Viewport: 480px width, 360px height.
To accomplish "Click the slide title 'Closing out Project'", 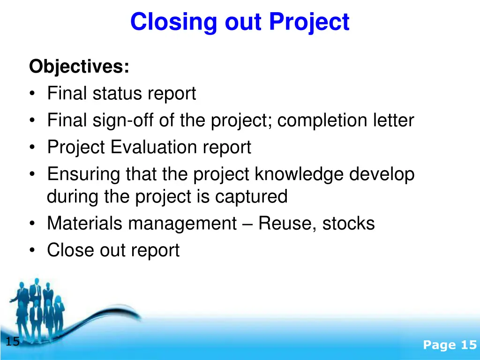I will click(240, 22).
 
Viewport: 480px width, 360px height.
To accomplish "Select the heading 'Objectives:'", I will click(79, 67).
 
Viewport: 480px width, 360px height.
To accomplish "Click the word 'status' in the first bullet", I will click(119, 94).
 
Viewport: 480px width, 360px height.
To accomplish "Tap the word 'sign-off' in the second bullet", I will click(120, 121).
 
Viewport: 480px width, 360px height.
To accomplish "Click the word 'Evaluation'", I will click(154, 148).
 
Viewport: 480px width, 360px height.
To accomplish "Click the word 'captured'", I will click(251, 196).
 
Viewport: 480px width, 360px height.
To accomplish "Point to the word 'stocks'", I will click(348, 224).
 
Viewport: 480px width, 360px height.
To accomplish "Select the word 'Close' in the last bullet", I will click(70, 250).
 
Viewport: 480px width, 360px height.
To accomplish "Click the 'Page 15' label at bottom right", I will click(450, 345).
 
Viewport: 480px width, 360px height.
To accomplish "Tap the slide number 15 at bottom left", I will click(13, 342).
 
